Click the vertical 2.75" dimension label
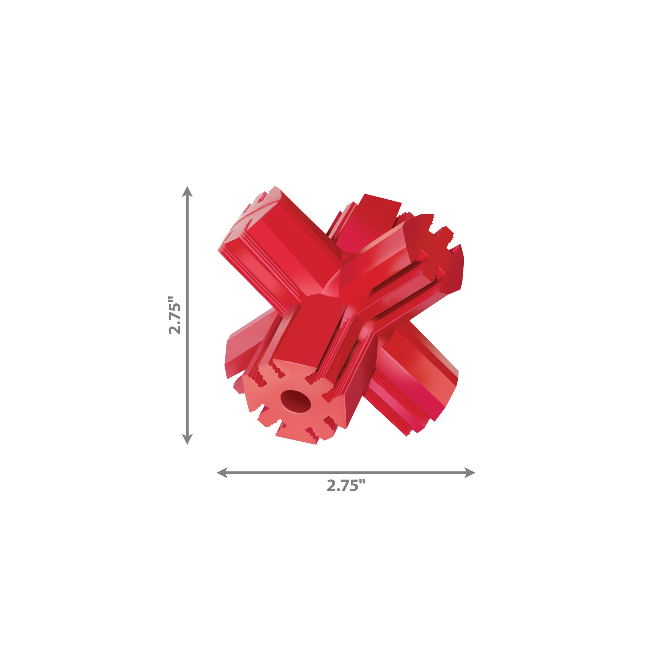click(175, 315)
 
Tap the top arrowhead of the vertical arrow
click(187, 192)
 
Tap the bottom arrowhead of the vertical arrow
click(187, 439)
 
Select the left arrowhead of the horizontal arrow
click(222, 472)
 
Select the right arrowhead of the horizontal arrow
click(469, 472)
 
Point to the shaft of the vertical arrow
click(187, 315)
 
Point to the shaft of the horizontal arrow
click(346, 472)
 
